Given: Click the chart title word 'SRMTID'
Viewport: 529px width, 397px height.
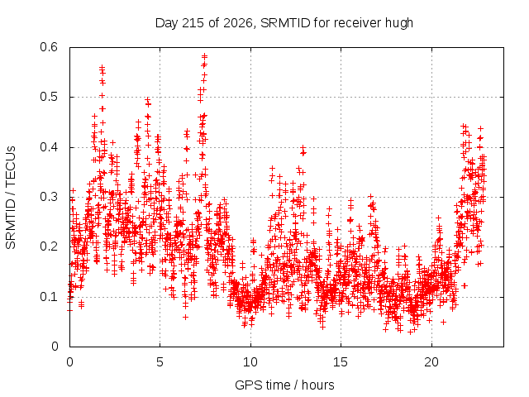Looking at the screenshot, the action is (x=285, y=23).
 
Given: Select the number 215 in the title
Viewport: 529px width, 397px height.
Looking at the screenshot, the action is (x=193, y=23).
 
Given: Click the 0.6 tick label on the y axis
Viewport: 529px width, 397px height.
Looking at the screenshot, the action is (x=49, y=47).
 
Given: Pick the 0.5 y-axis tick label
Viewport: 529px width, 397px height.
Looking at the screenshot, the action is (x=49, y=97).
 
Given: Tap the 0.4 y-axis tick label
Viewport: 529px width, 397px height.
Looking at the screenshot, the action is (x=49, y=147).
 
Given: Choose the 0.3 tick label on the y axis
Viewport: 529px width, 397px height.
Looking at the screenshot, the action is (x=49, y=197).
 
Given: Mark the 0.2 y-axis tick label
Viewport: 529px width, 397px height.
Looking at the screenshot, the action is (x=49, y=246).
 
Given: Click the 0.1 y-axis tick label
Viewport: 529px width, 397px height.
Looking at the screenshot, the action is (x=49, y=297).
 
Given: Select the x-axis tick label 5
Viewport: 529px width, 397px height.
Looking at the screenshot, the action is (x=160, y=362).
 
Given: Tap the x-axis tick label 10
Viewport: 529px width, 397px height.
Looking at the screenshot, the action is (x=250, y=362).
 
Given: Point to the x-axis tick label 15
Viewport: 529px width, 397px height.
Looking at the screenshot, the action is (x=341, y=362).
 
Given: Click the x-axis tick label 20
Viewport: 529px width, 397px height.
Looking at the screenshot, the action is (x=431, y=362).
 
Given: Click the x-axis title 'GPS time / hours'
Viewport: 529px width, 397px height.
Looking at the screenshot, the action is (x=284, y=385).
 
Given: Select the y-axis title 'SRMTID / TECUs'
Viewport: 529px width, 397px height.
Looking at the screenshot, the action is (x=11, y=198).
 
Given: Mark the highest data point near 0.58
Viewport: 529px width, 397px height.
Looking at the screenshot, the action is (x=204, y=56).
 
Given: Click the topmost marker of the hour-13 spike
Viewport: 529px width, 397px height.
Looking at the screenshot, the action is (x=303, y=147).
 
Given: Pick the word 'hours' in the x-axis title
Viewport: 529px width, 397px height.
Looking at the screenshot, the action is (x=317, y=385).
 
